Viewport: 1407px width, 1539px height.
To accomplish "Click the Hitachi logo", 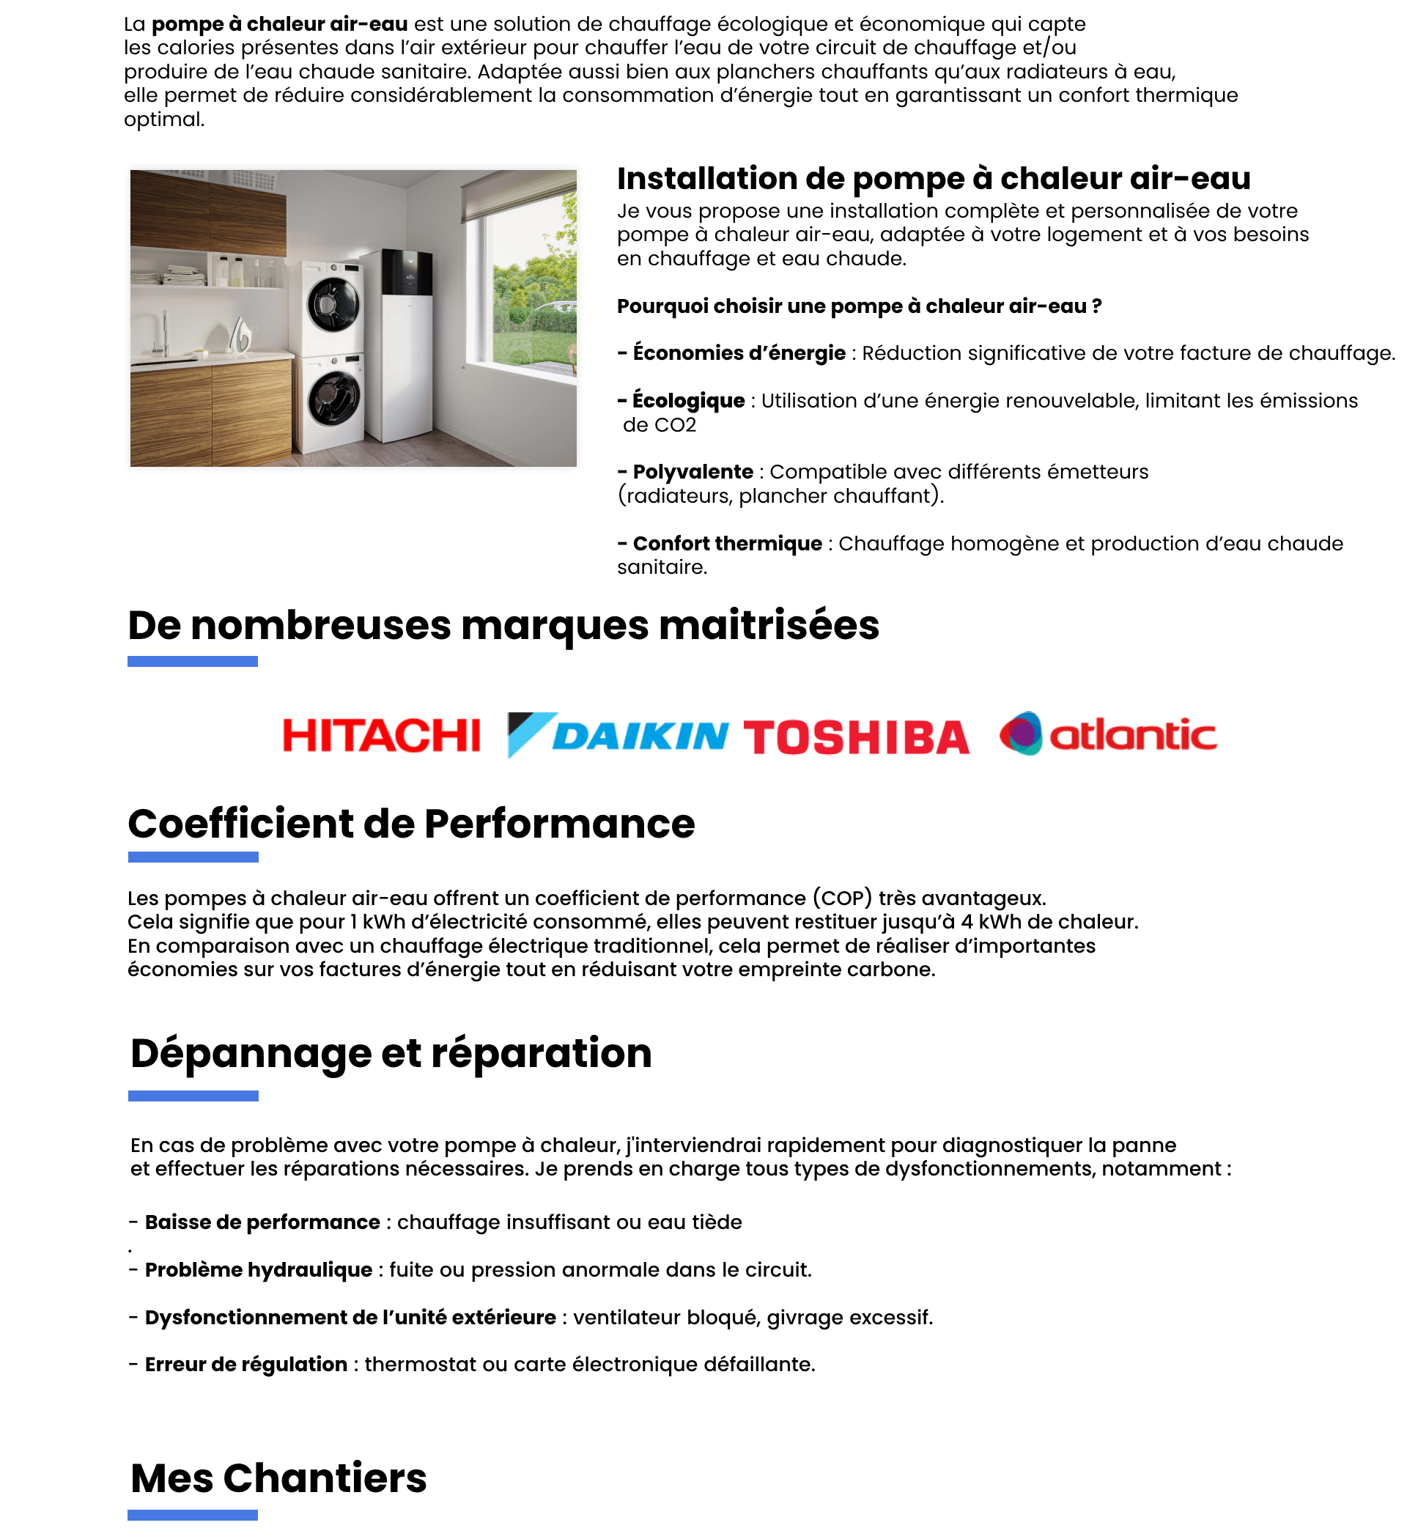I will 381,735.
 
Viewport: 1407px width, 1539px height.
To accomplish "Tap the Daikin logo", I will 618,735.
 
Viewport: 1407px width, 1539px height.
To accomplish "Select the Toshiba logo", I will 856,737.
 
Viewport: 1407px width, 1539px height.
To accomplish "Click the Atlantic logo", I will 1108,734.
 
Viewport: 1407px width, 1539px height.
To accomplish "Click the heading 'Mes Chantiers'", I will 278,1478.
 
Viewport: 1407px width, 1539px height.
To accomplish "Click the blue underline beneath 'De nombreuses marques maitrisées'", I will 193,661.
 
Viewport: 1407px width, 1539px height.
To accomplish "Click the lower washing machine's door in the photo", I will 333,398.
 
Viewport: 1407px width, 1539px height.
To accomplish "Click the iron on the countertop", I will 241,335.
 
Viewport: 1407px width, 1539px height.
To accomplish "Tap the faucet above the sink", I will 163,333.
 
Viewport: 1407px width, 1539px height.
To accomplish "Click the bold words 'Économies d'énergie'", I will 738,353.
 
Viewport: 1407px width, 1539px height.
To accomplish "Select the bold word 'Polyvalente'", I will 693,472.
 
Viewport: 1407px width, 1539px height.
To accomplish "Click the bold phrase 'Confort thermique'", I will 727,544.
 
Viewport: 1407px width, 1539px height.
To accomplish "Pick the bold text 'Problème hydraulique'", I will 258,1269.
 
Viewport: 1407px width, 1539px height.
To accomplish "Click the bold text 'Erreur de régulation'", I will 245,1364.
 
